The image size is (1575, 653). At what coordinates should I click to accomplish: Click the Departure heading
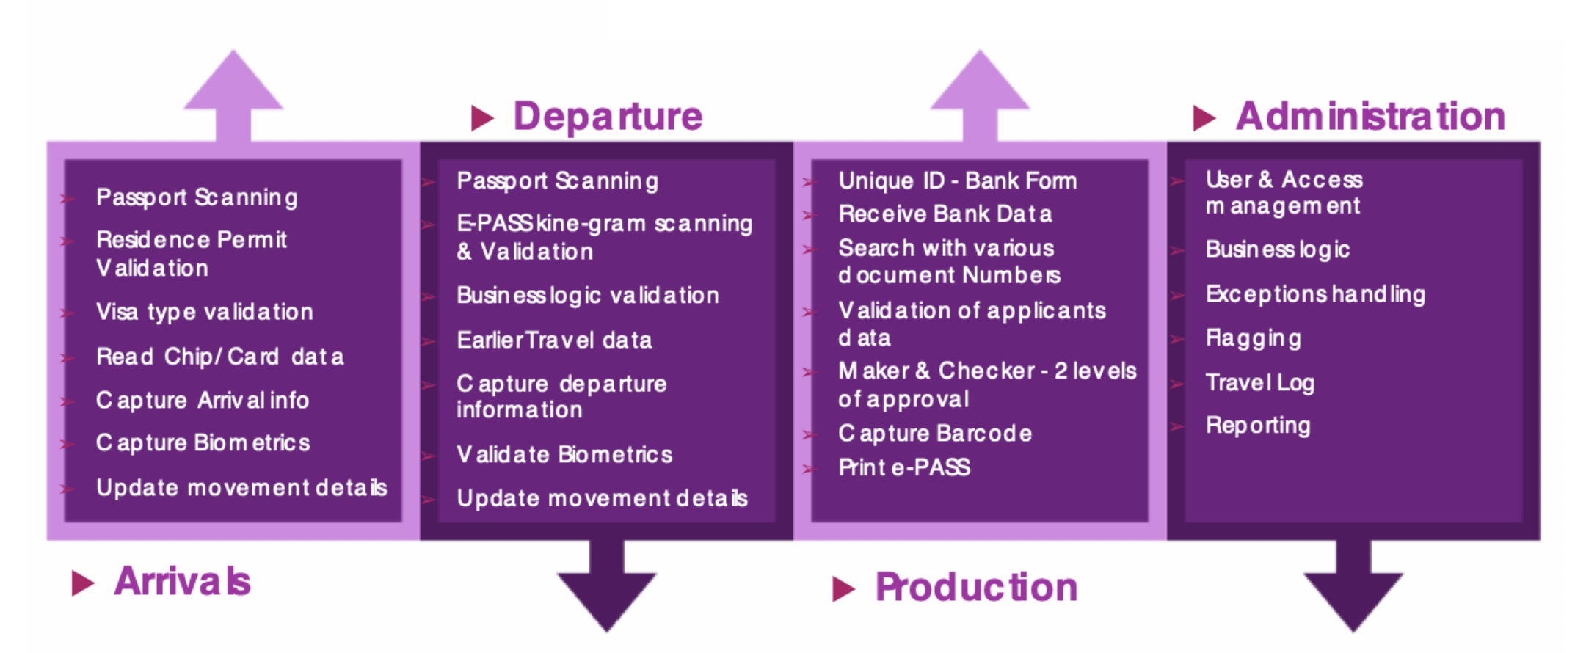point(608,117)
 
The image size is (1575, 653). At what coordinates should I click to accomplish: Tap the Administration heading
point(1370,117)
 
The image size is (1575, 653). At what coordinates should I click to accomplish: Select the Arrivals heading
point(182,582)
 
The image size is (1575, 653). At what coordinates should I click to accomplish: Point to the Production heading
point(976,588)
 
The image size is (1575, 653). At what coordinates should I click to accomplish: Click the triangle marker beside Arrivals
point(83,583)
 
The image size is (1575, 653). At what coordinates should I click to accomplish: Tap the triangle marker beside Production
point(843,588)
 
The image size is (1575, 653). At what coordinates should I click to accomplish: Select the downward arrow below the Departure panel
point(606,587)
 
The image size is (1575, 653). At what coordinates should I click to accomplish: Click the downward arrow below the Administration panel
point(1353,587)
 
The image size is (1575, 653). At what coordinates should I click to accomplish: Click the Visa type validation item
point(205,312)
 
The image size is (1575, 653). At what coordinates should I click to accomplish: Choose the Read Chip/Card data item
point(219,357)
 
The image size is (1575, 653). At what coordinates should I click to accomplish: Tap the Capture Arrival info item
point(203,400)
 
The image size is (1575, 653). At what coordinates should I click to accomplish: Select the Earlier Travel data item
point(554,340)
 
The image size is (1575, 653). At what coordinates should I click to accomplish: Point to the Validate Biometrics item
point(564,454)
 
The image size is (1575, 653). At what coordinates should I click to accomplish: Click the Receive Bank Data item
point(945,214)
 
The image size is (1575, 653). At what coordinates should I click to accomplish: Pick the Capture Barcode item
point(935,433)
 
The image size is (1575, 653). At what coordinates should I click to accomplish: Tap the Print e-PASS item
point(904,467)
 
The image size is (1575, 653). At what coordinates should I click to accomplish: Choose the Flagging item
point(1254,338)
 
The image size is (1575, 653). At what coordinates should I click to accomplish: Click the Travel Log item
point(1259,382)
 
